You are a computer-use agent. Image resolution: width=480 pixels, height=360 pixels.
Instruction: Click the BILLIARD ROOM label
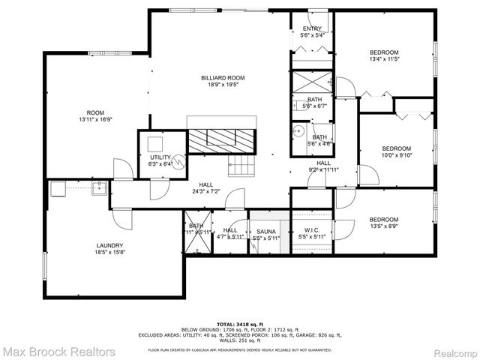pos(222,78)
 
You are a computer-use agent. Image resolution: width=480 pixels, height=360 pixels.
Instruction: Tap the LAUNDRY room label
pos(109,246)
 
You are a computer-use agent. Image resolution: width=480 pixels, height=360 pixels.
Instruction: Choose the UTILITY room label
pos(160,157)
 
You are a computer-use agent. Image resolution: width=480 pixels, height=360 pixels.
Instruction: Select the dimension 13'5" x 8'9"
pos(383,225)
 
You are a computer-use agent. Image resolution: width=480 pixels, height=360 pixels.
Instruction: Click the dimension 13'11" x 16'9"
pos(94,119)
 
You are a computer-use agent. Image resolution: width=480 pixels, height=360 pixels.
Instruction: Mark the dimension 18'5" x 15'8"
pos(109,253)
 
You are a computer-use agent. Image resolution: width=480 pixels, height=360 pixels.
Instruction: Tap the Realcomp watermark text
pos(451,350)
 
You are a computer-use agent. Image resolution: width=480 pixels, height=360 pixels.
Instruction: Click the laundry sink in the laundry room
pos(97,188)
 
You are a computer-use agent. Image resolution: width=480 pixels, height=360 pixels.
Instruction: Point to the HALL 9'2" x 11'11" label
pos(323,166)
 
